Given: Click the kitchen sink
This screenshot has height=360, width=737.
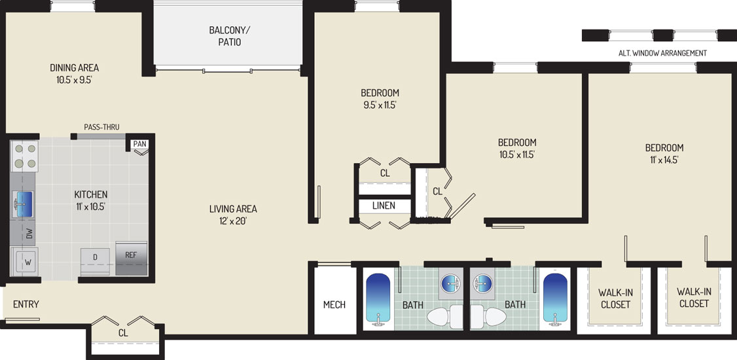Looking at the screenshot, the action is (x=24, y=204).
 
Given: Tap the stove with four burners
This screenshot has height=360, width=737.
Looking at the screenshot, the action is (x=24, y=156).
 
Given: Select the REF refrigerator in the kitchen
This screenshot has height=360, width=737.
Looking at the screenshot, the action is (x=131, y=258).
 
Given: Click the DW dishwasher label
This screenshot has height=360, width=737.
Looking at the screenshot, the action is (x=29, y=234).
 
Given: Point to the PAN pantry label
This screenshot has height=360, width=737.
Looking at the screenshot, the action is (x=139, y=144).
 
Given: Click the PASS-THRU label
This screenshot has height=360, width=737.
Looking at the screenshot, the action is (x=101, y=127).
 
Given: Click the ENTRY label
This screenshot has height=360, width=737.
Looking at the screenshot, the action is (x=26, y=304).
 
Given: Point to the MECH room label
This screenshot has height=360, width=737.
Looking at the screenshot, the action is (x=334, y=304).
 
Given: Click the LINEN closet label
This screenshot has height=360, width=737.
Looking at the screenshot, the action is (x=384, y=206).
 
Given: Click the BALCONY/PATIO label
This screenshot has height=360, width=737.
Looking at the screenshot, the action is (x=230, y=36).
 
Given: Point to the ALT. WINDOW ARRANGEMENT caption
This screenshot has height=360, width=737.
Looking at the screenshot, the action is (x=662, y=53).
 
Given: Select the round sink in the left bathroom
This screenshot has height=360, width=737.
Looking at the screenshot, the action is (x=451, y=283).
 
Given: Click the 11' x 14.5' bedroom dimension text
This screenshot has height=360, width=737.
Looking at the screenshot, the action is (x=664, y=160).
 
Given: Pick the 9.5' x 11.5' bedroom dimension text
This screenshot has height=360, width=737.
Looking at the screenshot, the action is (x=380, y=105).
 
